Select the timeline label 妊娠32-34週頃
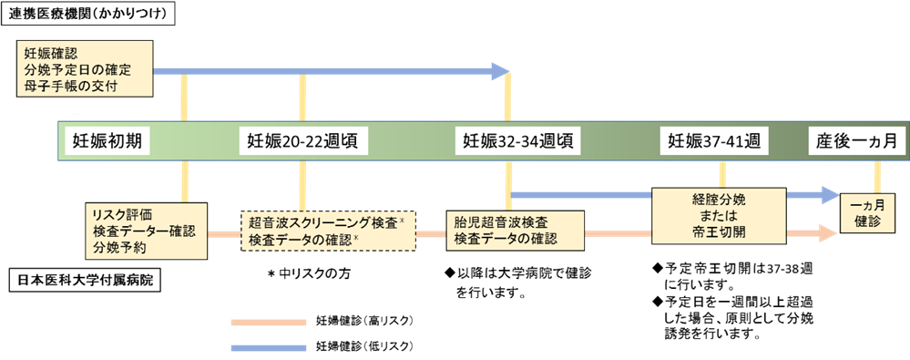(517, 141)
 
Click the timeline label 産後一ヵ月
(857, 141)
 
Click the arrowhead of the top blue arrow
(501, 71)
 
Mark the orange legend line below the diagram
(269, 322)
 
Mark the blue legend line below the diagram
(269, 347)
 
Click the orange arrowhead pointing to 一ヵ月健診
(828, 234)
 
